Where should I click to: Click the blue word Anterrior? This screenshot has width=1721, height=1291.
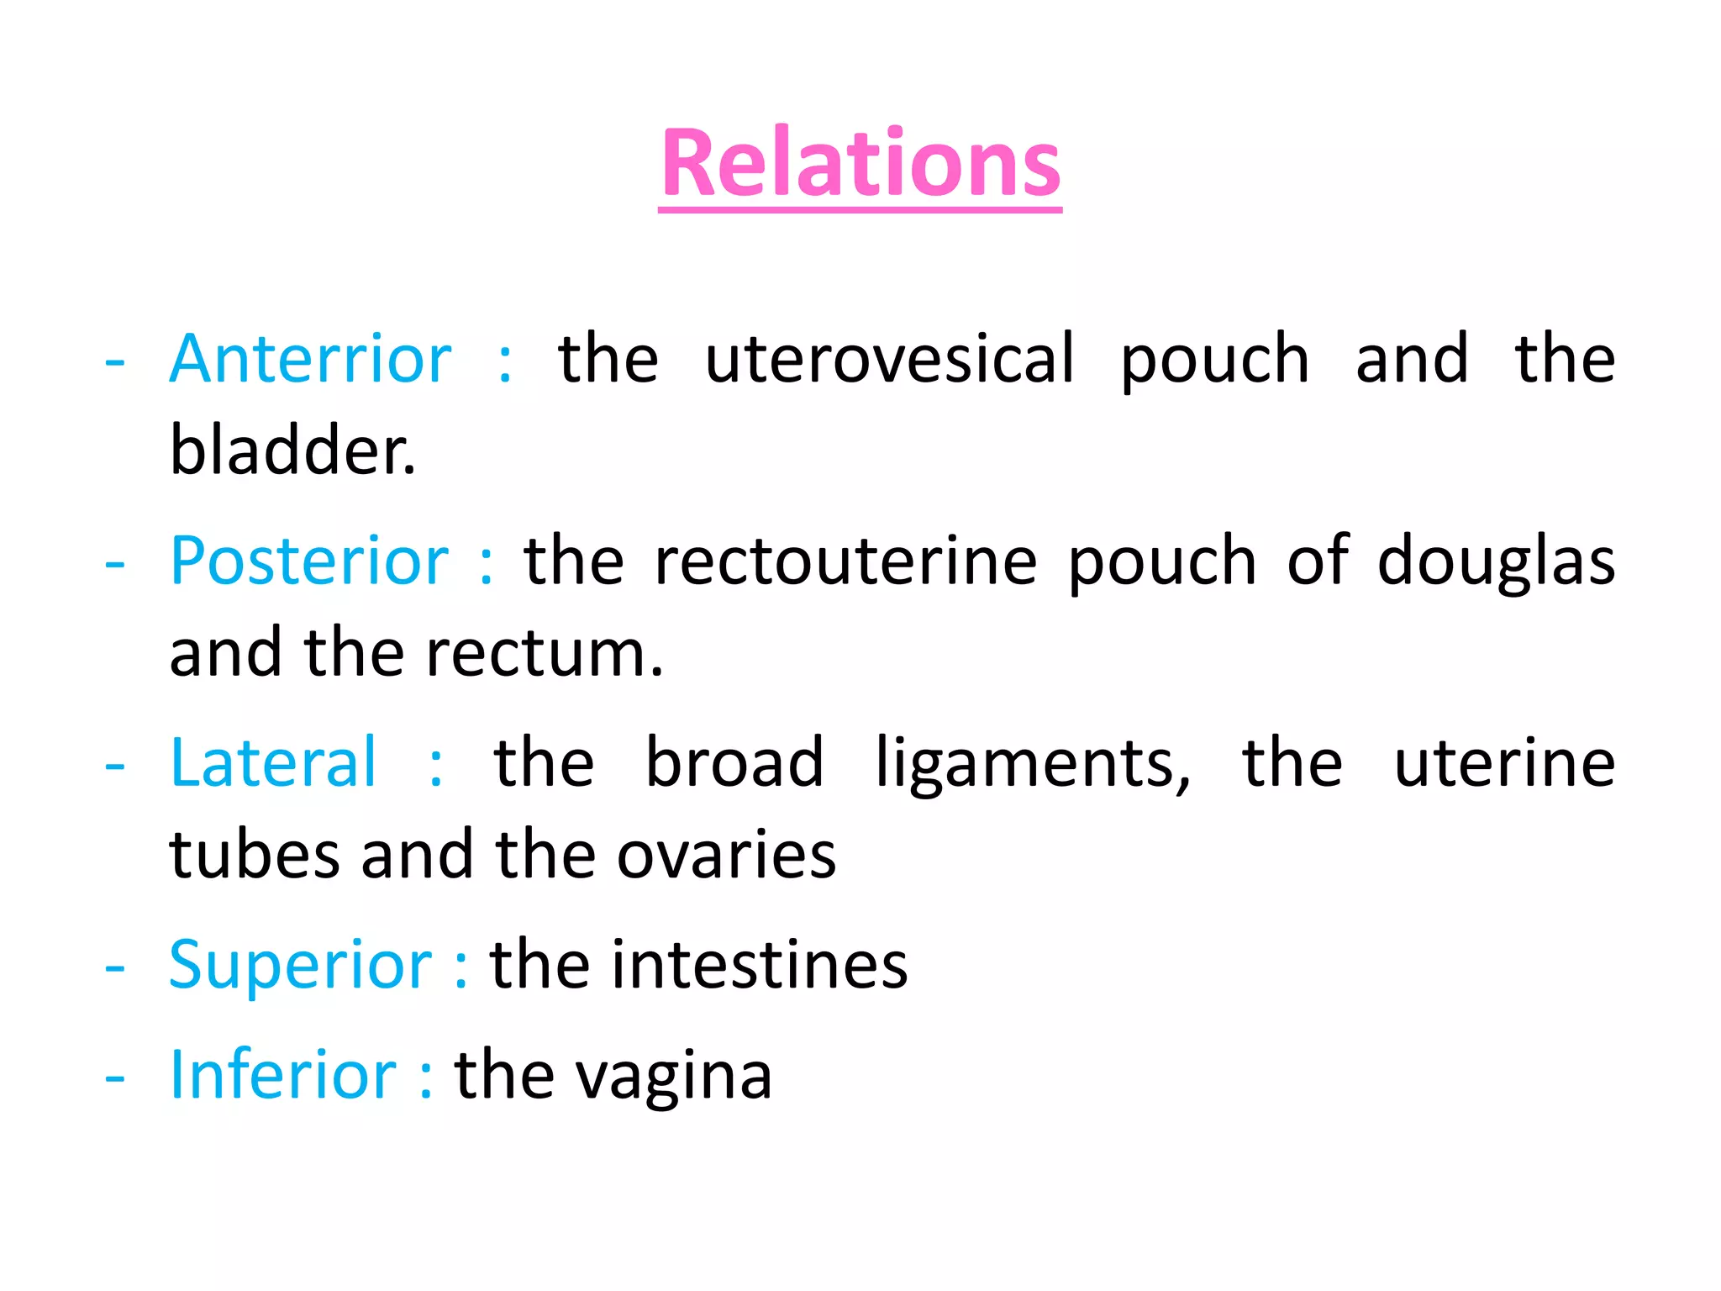click(x=310, y=360)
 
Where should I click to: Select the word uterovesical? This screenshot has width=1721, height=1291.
click(x=889, y=360)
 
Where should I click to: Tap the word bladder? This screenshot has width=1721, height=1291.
click(x=292, y=451)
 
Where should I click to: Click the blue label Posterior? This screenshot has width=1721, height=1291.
click(x=308, y=561)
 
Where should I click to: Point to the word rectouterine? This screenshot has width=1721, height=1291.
click(x=845, y=561)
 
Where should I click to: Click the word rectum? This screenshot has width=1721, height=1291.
click(x=544, y=653)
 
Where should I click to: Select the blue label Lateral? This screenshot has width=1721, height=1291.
click(x=273, y=763)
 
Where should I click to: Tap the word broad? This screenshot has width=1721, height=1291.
click(x=734, y=763)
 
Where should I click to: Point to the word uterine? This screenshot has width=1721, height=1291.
click(x=1504, y=763)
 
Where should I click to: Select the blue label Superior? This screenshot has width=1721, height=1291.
click(x=300, y=966)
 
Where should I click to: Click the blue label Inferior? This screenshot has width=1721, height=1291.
click(x=282, y=1075)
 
